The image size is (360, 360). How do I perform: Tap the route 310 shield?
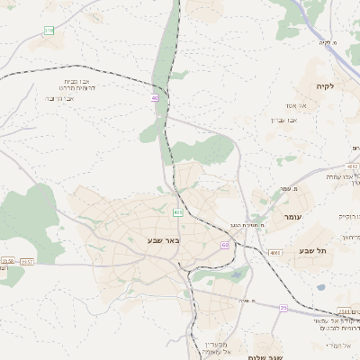[49, 31]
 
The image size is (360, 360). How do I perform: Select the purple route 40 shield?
[156, 98]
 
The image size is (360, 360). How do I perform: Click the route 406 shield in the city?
[177, 212]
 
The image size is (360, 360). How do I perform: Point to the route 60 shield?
[224, 245]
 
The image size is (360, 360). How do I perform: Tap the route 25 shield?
[283, 308]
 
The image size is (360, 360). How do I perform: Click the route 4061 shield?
[274, 253]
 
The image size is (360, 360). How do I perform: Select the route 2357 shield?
[27, 262]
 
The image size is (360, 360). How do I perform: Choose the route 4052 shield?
[352, 166]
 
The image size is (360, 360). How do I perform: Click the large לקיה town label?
[324, 85]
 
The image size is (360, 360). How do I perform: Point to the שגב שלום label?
[270, 356]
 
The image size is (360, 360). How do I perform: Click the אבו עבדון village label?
[284, 120]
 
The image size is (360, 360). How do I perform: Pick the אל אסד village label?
[297, 105]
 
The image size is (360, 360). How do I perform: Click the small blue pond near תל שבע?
[321, 288]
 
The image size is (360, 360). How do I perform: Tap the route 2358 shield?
[7, 262]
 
